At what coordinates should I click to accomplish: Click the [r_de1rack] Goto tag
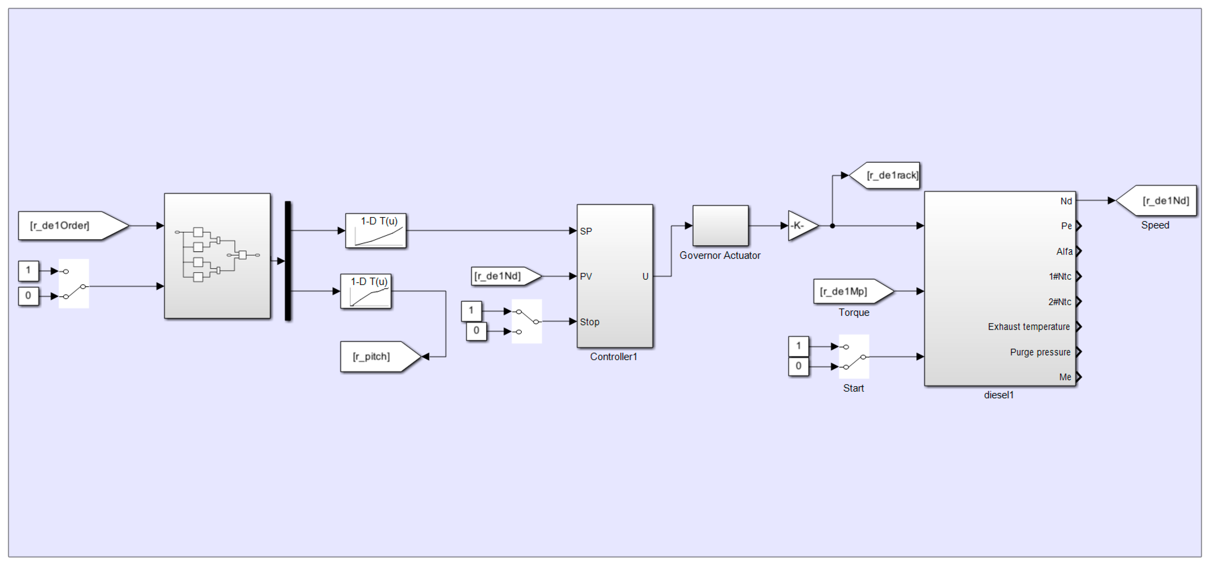pyautogui.click(x=884, y=176)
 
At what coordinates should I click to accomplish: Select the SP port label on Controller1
pyautogui.click(x=586, y=231)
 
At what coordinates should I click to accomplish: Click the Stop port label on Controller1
pyautogui.click(x=589, y=322)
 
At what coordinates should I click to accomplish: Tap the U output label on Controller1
pyautogui.click(x=645, y=276)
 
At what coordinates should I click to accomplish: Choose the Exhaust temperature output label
pyautogui.click(x=1029, y=327)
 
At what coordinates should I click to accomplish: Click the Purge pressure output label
pyautogui.click(x=1040, y=352)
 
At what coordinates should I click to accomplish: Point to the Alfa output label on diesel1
pyautogui.click(x=1064, y=252)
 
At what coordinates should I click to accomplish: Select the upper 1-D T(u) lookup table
pyautogui.click(x=376, y=230)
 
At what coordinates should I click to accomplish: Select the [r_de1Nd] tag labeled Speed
pyautogui.click(x=1156, y=201)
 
